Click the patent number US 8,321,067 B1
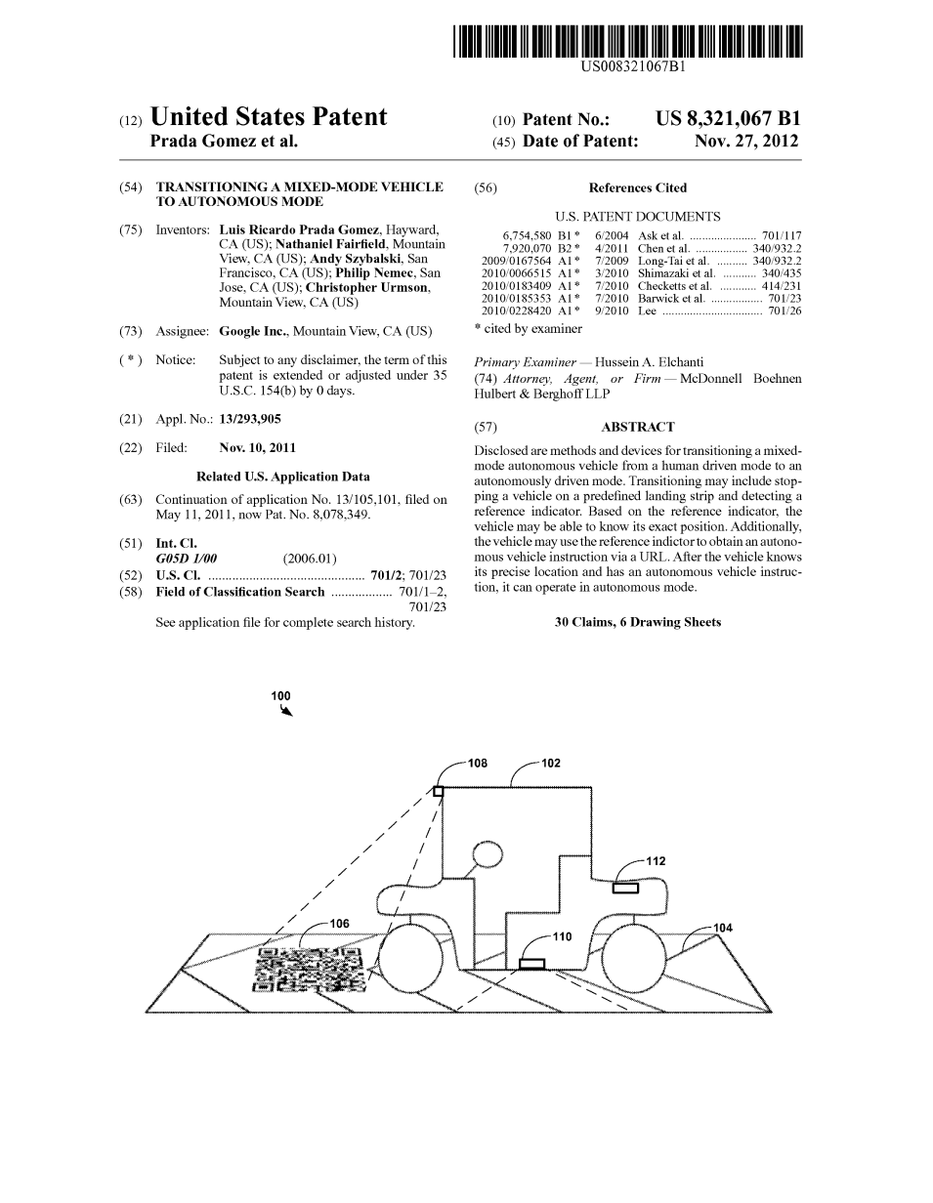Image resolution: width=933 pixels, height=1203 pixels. [728, 119]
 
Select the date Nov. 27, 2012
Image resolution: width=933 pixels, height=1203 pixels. [745, 142]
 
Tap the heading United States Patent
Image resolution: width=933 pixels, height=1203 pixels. [269, 118]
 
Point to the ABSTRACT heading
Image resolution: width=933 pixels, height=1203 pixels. [637, 427]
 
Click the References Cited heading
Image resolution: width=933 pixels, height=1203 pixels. [637, 187]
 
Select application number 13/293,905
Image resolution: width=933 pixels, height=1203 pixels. [250, 419]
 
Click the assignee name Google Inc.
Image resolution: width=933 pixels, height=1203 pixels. [251, 331]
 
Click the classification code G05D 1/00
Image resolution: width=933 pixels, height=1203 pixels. [186, 559]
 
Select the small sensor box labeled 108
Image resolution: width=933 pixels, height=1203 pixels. [438, 791]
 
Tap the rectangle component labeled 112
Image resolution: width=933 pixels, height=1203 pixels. [625, 888]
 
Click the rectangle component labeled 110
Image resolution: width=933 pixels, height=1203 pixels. [531, 964]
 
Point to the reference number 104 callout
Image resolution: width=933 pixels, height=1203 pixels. [723, 928]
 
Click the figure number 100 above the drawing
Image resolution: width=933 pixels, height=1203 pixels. [280, 696]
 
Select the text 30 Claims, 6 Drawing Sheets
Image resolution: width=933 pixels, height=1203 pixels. [637, 622]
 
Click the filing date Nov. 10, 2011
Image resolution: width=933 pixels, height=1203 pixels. [257, 448]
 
